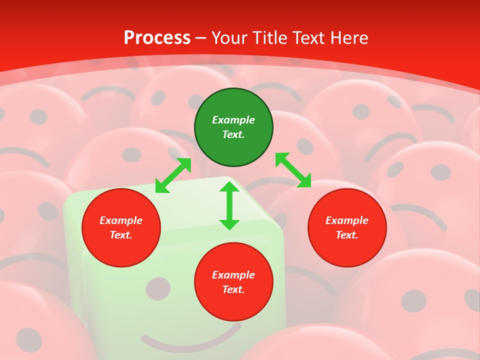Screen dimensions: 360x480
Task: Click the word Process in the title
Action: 157,38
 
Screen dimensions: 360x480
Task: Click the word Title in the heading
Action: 268,38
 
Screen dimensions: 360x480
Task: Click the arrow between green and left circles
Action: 173,175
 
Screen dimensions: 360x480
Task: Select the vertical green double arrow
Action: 229,205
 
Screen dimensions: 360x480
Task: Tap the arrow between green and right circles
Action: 293,170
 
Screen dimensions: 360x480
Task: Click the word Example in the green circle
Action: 233,120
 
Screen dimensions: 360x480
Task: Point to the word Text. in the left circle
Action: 121,235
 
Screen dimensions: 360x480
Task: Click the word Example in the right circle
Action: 347,220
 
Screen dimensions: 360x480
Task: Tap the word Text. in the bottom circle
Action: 233,289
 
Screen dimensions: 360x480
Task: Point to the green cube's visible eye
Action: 158,289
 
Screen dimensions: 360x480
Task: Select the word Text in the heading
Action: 308,38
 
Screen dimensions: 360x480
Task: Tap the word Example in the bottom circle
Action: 233,275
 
